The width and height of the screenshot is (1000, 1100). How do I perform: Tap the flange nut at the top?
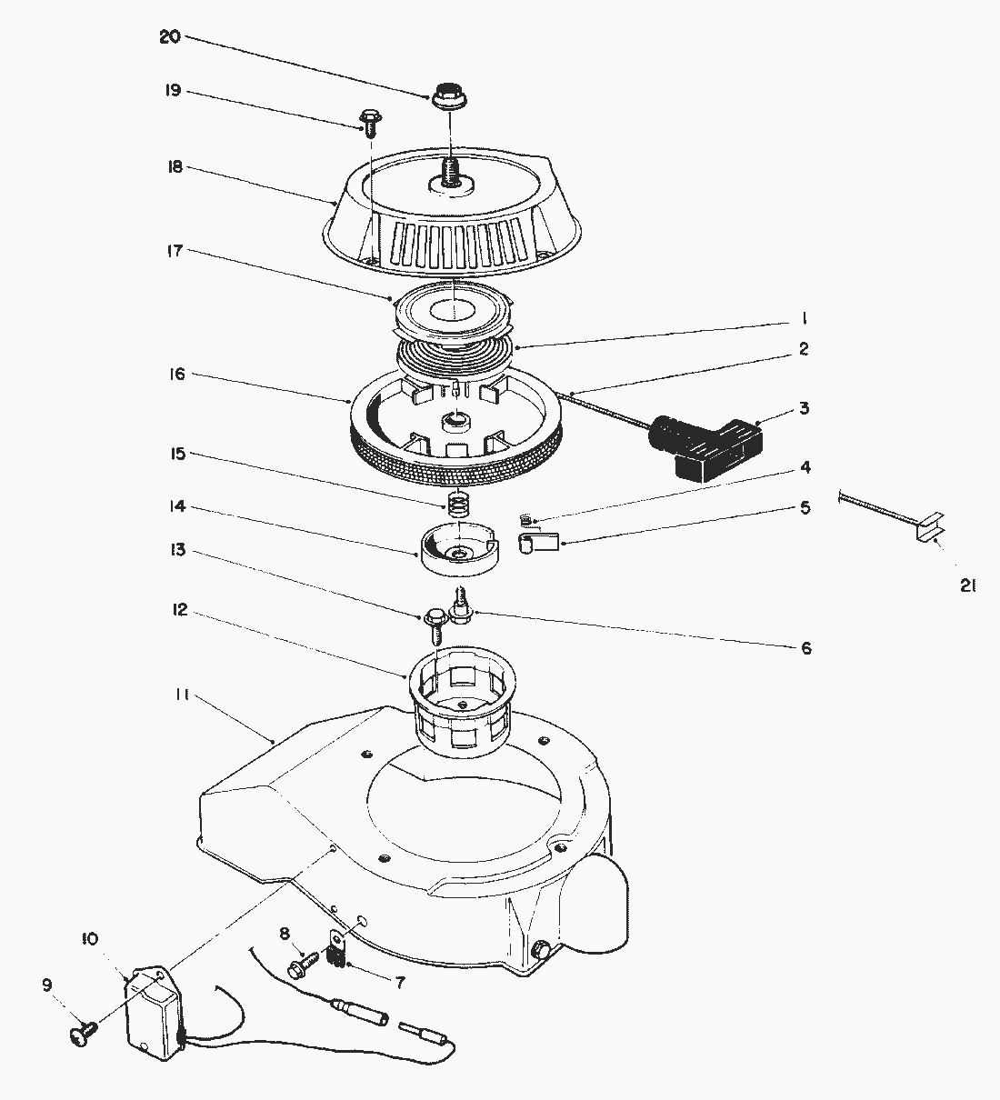445,95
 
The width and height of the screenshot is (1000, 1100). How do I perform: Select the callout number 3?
803,408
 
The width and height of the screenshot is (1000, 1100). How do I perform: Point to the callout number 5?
805,508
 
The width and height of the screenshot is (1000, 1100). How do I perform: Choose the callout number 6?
805,648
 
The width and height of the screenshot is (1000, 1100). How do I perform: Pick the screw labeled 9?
82,1032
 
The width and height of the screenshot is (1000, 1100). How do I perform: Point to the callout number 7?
400,983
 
